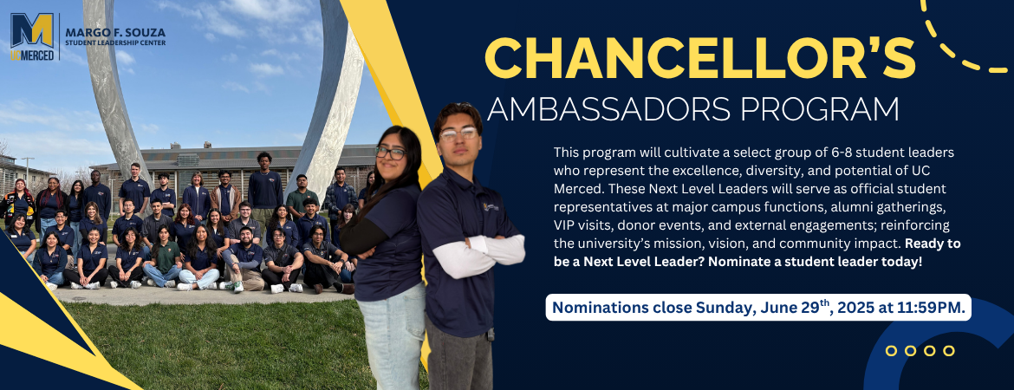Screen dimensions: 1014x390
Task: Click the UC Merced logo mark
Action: point(32,37)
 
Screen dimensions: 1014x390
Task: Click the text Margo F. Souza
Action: point(115,32)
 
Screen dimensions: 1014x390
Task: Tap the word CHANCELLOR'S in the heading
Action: point(699,57)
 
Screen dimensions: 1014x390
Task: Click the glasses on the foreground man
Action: point(458,133)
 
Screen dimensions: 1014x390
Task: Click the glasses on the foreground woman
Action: point(390,153)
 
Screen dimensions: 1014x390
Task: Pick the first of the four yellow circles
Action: point(891,350)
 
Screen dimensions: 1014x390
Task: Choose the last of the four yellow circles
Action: point(949,350)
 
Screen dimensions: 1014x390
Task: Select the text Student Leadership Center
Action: point(115,43)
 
